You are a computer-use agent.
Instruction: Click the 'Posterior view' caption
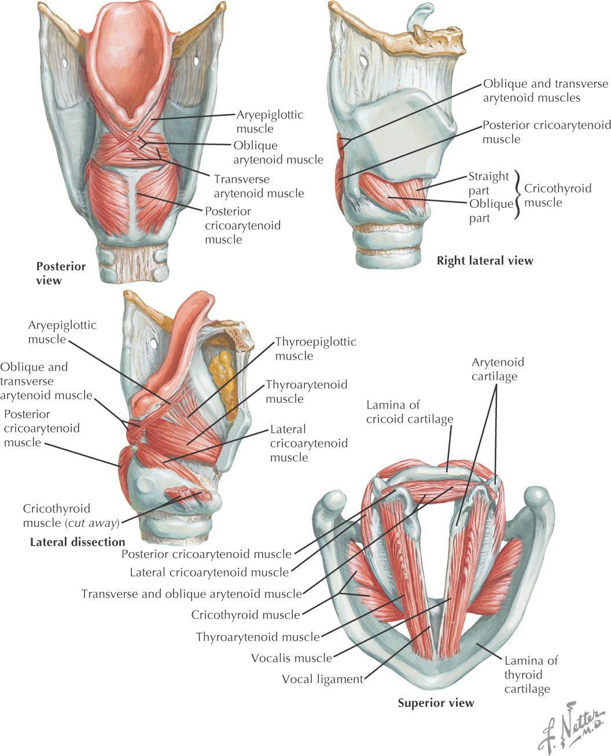60,273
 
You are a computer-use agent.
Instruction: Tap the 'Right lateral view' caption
484,261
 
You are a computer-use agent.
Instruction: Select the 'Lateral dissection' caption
78,542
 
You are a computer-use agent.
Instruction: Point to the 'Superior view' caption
436,703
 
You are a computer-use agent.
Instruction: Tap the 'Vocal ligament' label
322,680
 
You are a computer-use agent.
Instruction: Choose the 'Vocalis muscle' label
292,658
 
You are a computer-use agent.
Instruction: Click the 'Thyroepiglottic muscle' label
315,349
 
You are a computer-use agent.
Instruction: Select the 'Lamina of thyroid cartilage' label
530,675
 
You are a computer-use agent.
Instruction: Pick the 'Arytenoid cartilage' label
498,369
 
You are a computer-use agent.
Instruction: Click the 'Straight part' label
488,184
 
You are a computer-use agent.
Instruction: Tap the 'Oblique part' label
491,211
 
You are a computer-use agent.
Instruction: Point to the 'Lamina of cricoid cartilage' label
409,412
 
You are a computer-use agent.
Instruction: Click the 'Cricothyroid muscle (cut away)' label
71,516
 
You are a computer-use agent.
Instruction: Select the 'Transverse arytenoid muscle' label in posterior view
259,186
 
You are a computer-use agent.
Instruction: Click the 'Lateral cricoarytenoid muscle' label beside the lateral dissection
308,443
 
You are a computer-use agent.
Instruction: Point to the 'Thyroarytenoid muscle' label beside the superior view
257,637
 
